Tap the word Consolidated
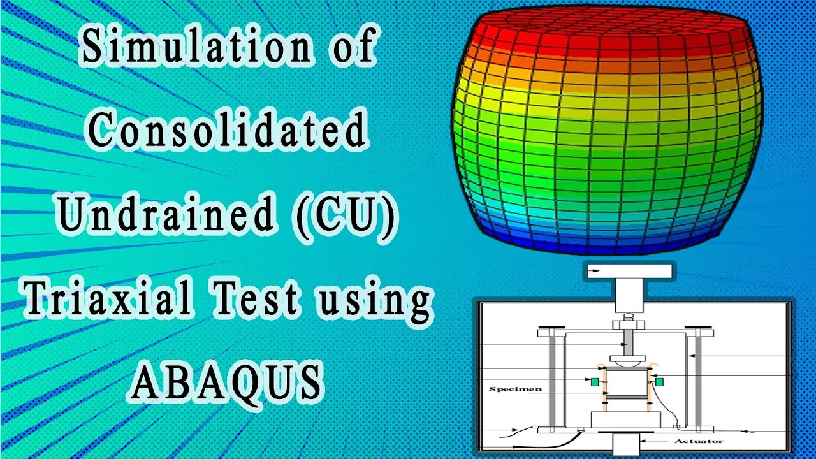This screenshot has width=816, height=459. tap(227, 131)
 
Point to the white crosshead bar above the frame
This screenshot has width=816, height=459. tap(627, 271)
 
